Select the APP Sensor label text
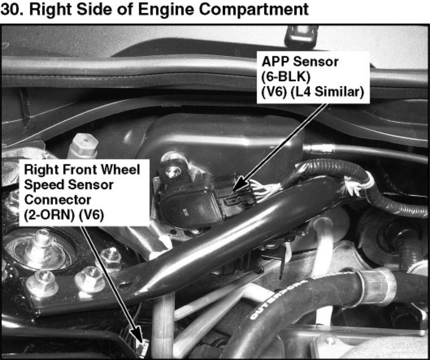(x=300, y=61)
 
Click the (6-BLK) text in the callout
(x=286, y=77)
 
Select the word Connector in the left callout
(x=58, y=200)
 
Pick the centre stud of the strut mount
(x=41, y=241)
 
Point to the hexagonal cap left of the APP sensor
(x=83, y=146)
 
